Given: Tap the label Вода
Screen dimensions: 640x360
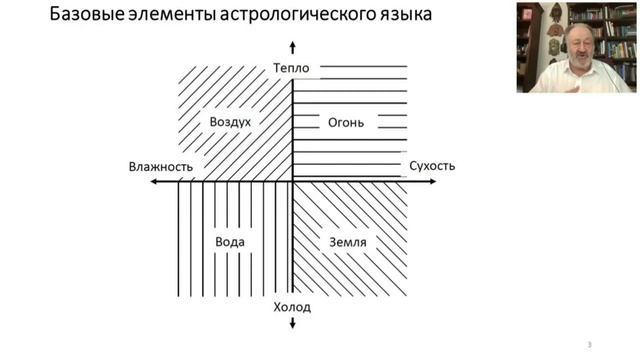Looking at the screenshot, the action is tap(230, 243).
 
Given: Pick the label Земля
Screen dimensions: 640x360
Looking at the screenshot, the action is tap(347, 243).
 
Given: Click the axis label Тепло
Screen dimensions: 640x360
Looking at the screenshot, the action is tap(292, 68).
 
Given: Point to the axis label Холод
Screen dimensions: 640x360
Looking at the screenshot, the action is tap(292, 306).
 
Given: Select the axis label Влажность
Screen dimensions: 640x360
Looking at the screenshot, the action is tap(160, 166).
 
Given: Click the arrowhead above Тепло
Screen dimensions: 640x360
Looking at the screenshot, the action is tap(292, 47).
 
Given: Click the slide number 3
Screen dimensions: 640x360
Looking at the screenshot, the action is tap(589, 345).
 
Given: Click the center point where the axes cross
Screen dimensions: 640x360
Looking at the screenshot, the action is tap(292, 183).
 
